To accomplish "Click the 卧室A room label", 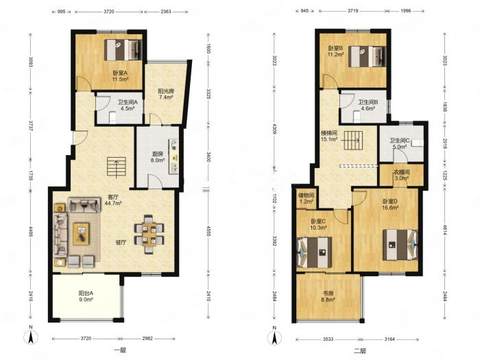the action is click(120, 76).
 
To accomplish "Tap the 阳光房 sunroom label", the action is click(166, 95).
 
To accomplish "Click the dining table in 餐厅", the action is click(149, 234).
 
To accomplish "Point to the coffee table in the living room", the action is click(81, 234).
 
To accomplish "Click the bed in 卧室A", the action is click(123, 49).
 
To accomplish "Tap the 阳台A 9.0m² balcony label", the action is click(86, 296).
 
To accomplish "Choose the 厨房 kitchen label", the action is click(158, 157).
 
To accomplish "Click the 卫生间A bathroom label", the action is click(128, 105).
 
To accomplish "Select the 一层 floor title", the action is click(120, 350).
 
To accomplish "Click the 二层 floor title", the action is click(360, 351).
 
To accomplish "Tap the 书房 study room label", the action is click(328, 296).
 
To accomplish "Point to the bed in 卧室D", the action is click(400, 245).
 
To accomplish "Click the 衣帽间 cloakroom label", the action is click(401, 176).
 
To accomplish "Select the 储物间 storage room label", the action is click(306, 198).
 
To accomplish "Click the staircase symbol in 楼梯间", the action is click(354, 140).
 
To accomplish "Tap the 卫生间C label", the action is click(400, 143).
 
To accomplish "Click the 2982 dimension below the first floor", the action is click(147, 339).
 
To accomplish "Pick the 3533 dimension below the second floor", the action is click(328, 339).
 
